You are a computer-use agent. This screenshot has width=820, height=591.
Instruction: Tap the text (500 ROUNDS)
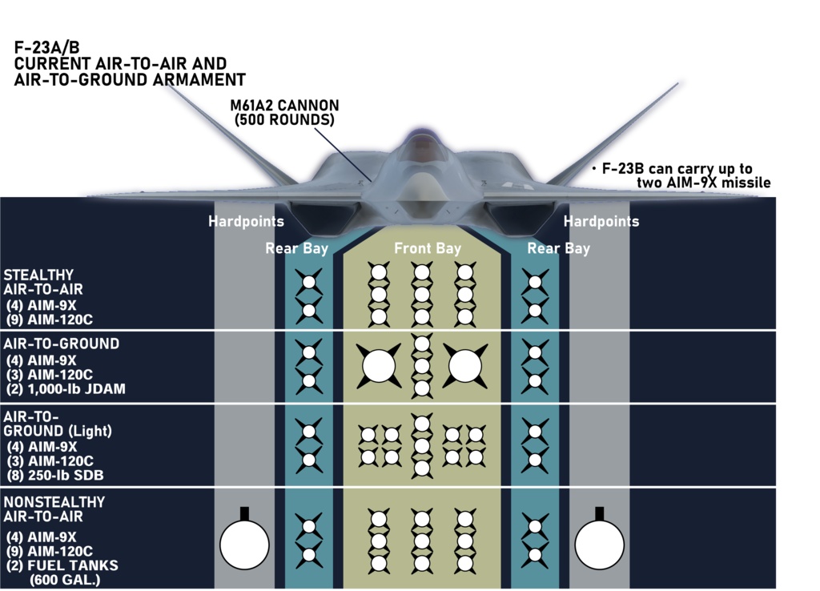click(284, 120)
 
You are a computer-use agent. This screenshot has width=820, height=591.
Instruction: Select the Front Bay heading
click(428, 248)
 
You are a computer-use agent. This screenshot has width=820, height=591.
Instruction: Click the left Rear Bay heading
click(297, 248)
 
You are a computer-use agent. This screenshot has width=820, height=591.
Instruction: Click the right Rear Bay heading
click(558, 248)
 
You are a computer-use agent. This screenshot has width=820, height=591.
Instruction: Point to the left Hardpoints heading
click(246, 221)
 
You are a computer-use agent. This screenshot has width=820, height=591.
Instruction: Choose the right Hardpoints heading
click(601, 221)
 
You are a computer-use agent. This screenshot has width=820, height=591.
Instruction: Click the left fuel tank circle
click(244, 543)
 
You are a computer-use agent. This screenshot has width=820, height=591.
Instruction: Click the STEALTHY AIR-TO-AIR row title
click(43, 282)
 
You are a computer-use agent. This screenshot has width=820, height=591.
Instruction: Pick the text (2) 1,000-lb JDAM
click(65, 389)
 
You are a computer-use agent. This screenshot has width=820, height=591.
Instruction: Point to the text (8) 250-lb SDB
click(54, 475)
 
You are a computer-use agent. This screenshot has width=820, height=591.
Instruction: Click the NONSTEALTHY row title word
click(54, 502)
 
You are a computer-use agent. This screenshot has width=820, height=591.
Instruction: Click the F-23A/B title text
click(47, 48)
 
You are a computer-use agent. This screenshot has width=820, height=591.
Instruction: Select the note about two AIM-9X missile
click(681, 175)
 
